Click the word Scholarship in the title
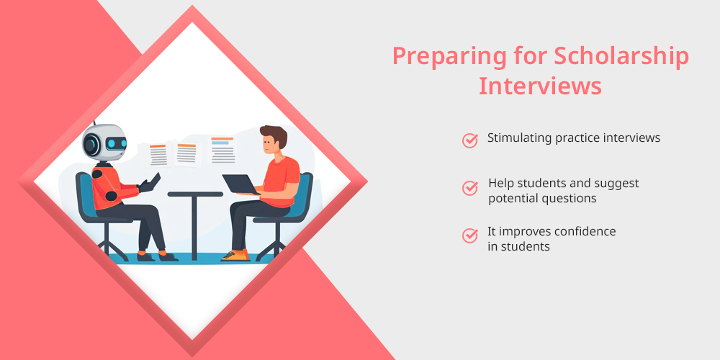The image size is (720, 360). click(x=621, y=56)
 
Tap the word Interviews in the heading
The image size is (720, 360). click(x=540, y=86)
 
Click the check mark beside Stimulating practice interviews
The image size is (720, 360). click(x=469, y=140)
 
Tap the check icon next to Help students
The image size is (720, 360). click(x=469, y=188)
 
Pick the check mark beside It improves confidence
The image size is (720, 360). click(x=469, y=235)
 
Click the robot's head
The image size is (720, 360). click(x=104, y=143)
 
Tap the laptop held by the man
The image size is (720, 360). click(x=240, y=184)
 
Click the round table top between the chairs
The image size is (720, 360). click(x=195, y=194)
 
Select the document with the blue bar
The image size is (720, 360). click(x=223, y=150)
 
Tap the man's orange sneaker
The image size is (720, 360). click(x=236, y=256)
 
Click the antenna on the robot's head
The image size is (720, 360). click(x=94, y=124)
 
